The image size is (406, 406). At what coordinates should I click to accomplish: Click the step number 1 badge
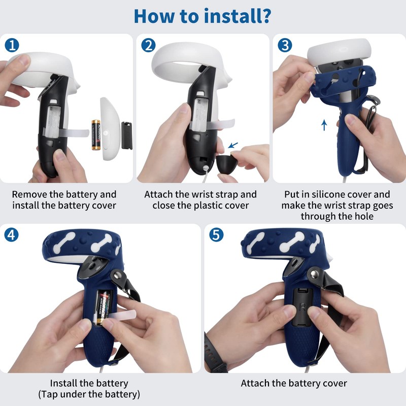12,45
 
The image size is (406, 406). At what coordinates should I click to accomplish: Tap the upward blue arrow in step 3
324,124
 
